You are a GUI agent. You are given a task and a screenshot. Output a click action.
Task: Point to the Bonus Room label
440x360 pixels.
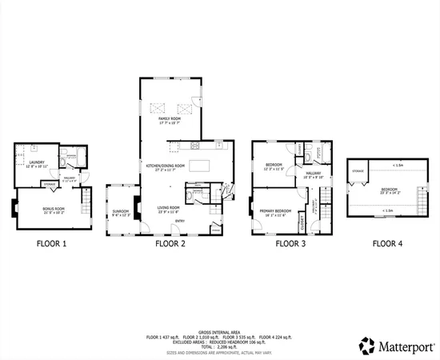[54, 209]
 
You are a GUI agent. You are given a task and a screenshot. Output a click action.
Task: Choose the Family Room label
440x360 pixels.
[170, 119]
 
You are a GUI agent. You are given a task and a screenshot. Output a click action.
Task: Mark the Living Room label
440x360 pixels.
[169, 209]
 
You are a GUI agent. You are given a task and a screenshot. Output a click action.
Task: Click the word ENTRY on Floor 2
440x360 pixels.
[180, 221]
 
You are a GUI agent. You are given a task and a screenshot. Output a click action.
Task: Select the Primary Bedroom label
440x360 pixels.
[274, 213]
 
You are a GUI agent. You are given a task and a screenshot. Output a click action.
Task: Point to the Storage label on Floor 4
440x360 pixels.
[357, 170]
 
